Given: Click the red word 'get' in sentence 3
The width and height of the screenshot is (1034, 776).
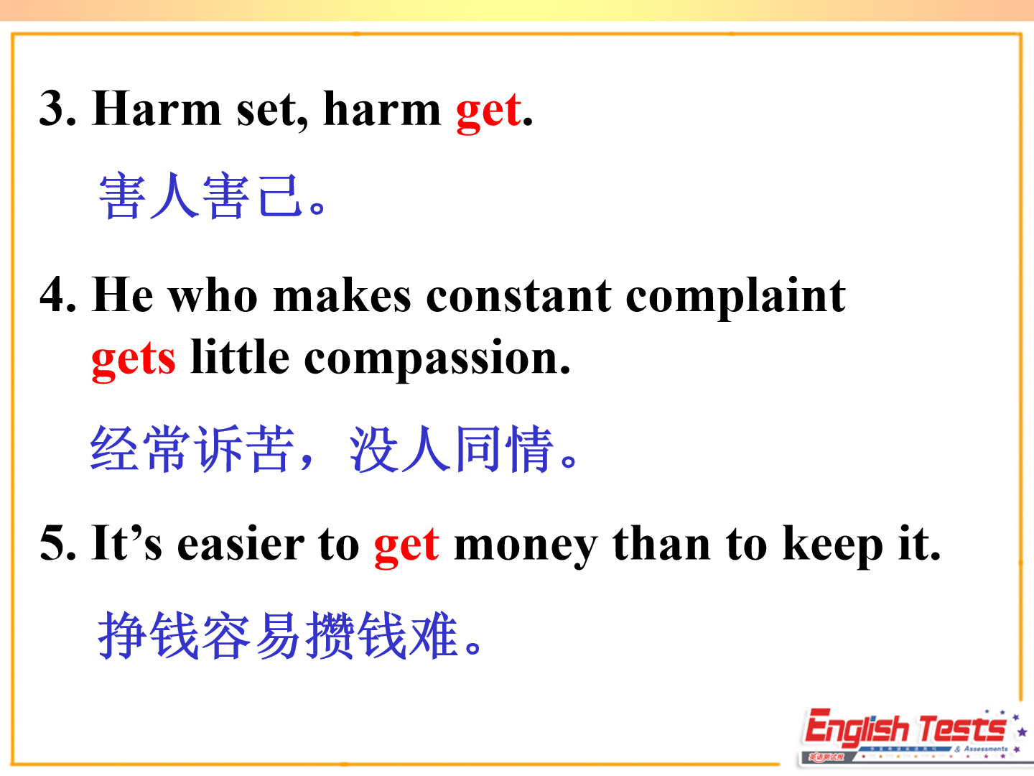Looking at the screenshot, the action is (x=488, y=113).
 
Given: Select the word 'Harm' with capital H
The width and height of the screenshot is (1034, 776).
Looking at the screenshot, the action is (x=157, y=108).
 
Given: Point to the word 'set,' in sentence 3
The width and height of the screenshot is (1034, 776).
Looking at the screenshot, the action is (x=272, y=111).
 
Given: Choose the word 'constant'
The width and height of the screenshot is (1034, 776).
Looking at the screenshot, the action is (x=518, y=297).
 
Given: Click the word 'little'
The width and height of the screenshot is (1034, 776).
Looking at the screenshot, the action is (x=240, y=356).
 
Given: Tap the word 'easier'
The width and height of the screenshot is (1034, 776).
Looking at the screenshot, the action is (x=241, y=544).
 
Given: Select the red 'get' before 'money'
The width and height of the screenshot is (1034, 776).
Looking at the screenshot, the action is (x=406, y=548).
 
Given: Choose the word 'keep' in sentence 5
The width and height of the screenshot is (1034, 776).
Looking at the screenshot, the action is (x=832, y=547).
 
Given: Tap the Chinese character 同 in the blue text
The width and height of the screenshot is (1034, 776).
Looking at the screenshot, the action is (x=478, y=448).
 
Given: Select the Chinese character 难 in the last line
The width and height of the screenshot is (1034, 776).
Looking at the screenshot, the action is (x=434, y=634).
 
